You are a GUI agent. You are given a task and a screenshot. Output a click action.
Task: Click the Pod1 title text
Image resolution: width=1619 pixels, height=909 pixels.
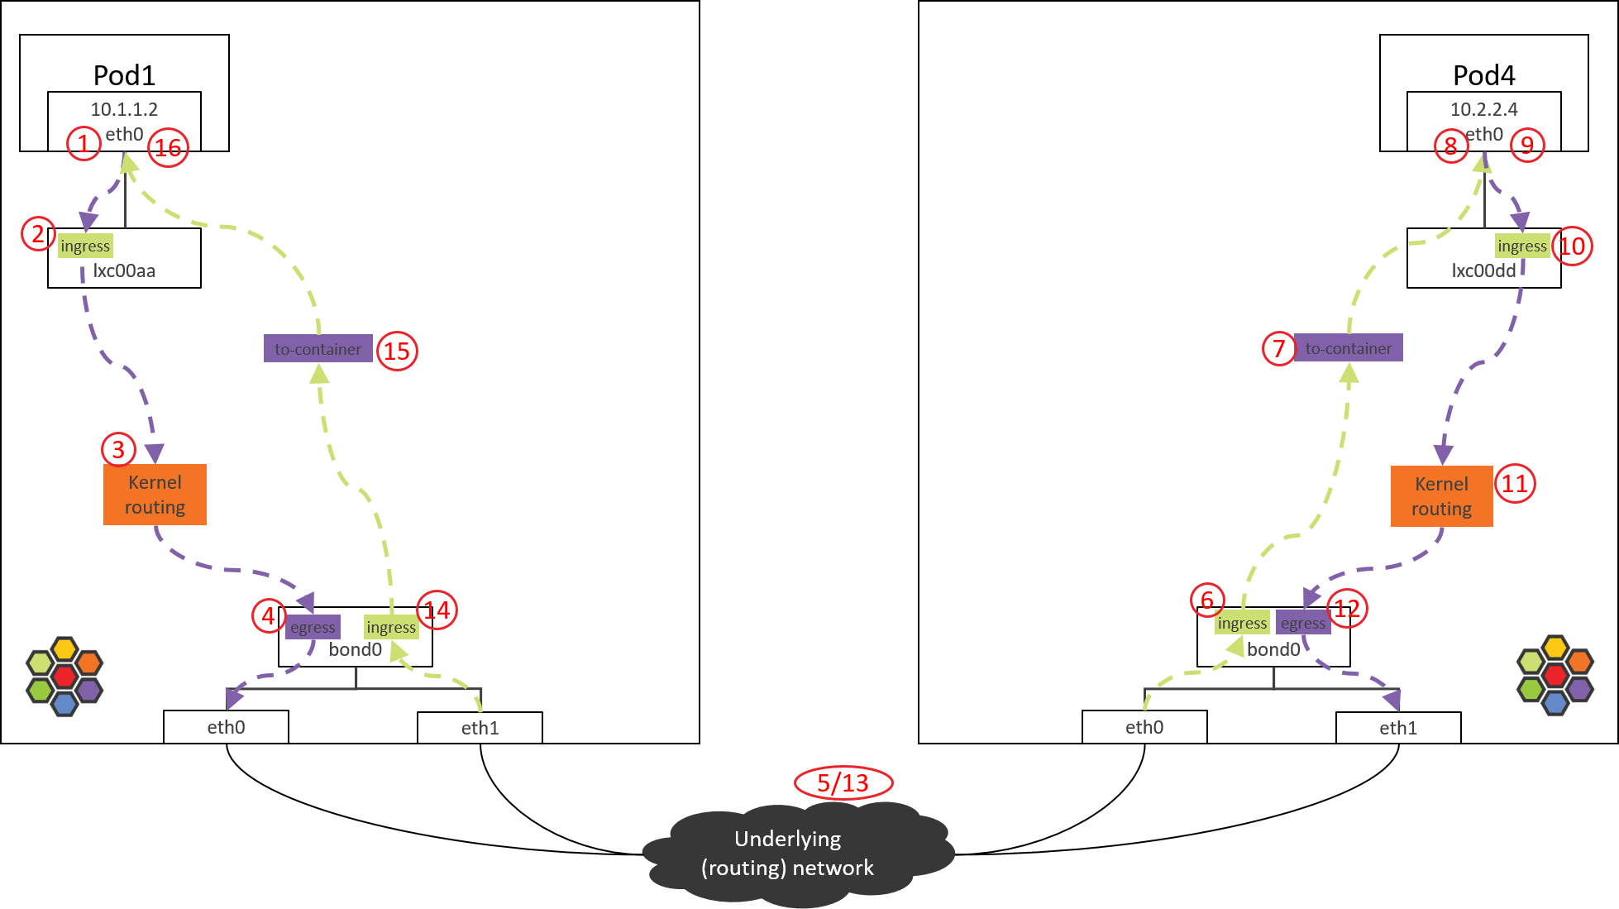click(x=124, y=75)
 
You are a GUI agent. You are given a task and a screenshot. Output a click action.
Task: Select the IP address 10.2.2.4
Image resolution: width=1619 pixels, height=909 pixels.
click(x=1483, y=109)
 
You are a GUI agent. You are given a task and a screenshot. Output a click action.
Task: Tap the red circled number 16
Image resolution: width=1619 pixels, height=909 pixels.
click(x=168, y=148)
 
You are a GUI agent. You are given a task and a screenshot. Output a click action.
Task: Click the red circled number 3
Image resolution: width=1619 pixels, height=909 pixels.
click(x=118, y=449)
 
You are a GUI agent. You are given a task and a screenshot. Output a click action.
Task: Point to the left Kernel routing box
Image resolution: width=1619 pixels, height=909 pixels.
click(x=155, y=495)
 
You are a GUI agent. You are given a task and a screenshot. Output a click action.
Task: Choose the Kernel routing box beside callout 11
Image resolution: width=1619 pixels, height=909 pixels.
click(x=1441, y=496)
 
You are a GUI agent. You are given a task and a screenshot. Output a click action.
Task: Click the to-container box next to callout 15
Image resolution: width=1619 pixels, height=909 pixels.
click(x=318, y=349)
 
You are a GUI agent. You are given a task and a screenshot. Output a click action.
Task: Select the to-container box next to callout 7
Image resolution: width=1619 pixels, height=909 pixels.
click(x=1348, y=348)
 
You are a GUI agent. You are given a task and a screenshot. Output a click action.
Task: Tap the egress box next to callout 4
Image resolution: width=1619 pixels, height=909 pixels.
click(x=313, y=627)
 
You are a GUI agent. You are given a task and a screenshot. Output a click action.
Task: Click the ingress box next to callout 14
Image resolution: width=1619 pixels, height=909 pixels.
click(x=391, y=627)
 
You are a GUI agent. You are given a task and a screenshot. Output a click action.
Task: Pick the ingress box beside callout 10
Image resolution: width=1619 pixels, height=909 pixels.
click(x=1521, y=246)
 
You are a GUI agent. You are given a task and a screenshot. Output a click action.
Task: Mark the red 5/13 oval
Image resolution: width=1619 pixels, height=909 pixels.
click(x=843, y=782)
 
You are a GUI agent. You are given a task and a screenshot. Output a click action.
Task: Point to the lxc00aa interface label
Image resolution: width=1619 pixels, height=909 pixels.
click(x=124, y=270)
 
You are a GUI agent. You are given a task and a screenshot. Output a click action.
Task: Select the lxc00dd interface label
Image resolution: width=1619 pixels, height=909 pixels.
click(x=1483, y=270)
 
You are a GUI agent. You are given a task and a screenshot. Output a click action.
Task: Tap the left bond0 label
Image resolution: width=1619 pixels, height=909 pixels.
click(x=355, y=649)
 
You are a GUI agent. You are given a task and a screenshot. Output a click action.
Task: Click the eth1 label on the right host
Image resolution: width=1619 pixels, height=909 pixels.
click(x=1397, y=728)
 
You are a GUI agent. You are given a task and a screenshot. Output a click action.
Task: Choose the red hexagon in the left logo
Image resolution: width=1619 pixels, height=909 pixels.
click(x=64, y=676)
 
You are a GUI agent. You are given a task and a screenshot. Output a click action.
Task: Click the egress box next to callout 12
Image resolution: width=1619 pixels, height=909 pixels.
click(x=1302, y=623)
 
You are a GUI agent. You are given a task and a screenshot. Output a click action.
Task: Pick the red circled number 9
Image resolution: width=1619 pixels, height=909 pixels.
click(x=1526, y=146)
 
